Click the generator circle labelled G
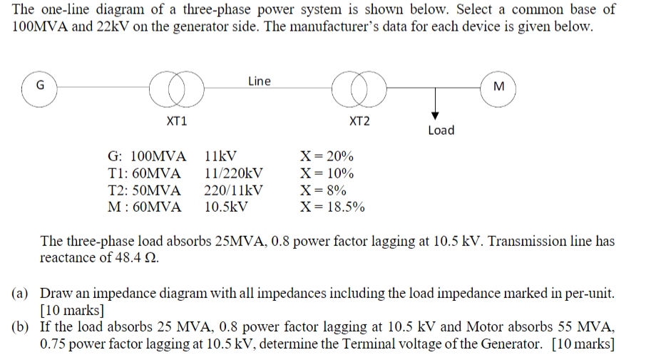point(41,87)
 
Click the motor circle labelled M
point(498,87)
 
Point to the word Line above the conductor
point(260,81)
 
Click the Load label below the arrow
point(441,130)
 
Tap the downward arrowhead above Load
point(434,115)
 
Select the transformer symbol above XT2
point(359,87)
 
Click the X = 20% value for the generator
point(327,156)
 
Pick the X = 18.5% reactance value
point(333,207)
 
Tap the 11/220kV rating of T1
point(233,173)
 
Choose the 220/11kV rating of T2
point(233,190)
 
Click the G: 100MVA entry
point(146,156)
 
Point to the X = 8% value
point(324,190)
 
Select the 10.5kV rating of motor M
point(226,207)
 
